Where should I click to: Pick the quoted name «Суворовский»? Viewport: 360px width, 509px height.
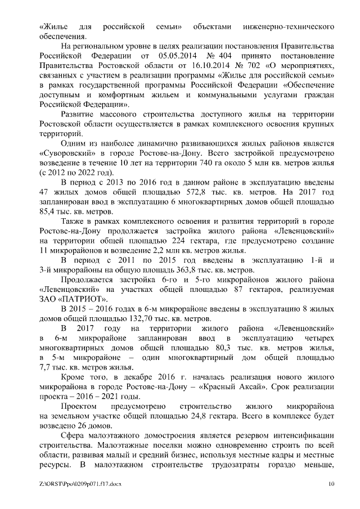[x=69, y=152]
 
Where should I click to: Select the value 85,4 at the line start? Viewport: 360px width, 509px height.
[x=51, y=210]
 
